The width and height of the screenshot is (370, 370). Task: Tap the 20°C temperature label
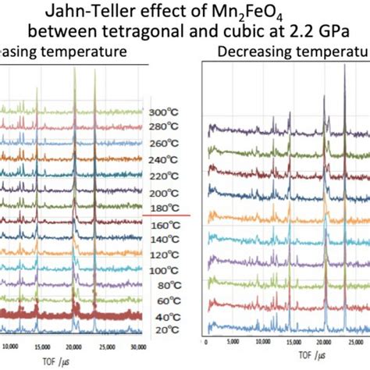pos(161,329)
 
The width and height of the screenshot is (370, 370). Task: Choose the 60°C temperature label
pos(161,300)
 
